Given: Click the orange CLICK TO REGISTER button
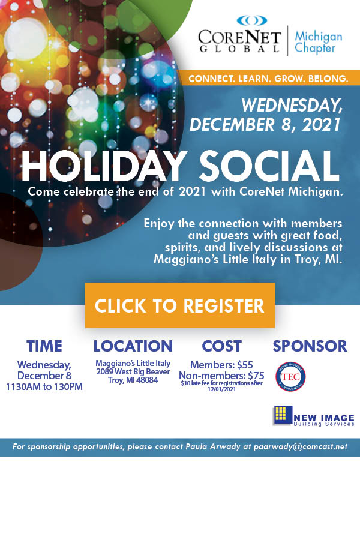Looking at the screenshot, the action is point(180,305).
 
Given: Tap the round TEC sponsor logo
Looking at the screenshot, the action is point(290,376).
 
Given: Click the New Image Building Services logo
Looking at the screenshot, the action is point(313,416).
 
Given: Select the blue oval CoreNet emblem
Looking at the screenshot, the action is point(252,20).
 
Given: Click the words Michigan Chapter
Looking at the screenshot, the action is point(319,42).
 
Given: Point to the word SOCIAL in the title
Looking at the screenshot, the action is point(269,166).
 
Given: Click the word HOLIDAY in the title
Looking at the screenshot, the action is point(104,166).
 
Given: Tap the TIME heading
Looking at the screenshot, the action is point(44,346).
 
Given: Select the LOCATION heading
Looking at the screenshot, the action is point(133,346).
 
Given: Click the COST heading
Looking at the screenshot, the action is point(222,346).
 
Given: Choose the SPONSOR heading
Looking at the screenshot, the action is point(310,346).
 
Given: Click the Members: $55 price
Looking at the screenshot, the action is point(221,365).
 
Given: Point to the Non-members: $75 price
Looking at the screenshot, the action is point(221,376).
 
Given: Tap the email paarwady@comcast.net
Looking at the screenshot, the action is point(301,447).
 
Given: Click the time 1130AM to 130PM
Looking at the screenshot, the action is point(44,387).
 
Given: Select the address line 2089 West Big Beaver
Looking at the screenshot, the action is point(133,372).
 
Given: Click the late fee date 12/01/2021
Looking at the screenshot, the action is point(221,389).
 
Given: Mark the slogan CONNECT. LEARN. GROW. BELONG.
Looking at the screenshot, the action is point(268,79).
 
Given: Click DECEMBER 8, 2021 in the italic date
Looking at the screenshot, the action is point(265,125).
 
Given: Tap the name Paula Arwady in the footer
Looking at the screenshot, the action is point(213,447).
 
